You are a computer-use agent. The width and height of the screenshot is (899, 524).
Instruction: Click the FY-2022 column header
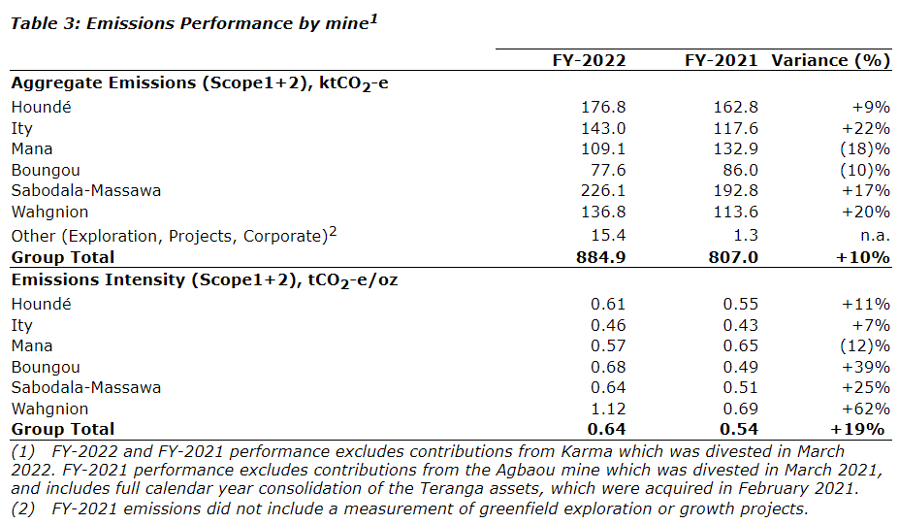(x=588, y=60)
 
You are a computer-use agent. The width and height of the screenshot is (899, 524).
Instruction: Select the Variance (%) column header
(x=830, y=60)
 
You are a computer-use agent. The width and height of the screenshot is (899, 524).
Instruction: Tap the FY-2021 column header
(x=721, y=60)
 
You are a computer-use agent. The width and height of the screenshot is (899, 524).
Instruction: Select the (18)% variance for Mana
(x=866, y=149)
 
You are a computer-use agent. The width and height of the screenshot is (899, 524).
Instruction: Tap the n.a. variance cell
(x=872, y=236)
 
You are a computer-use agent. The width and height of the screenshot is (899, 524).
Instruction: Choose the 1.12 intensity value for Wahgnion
(x=608, y=409)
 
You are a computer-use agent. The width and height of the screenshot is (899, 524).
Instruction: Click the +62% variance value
(x=866, y=409)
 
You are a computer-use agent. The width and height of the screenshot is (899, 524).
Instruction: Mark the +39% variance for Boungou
(x=866, y=367)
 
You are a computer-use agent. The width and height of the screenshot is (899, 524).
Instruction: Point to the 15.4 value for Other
(x=608, y=236)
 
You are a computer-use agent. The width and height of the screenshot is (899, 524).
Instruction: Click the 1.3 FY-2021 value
(x=746, y=236)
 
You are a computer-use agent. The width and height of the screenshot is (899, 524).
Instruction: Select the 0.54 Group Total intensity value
(x=740, y=429)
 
